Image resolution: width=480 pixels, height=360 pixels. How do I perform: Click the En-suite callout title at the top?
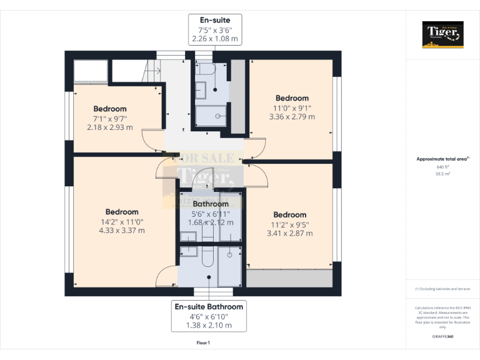point(215,20)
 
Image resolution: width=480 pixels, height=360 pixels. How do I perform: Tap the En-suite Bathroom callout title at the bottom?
point(209,306)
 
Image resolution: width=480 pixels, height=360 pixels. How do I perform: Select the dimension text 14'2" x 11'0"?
point(122,221)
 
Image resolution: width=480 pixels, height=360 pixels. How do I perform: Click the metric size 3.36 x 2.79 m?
point(292,116)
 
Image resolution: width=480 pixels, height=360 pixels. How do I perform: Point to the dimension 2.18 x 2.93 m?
point(110,127)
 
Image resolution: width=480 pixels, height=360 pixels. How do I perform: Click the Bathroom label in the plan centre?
point(211,204)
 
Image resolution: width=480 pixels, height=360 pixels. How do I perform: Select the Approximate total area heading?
point(442,159)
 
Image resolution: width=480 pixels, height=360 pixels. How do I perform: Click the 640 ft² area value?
point(442,167)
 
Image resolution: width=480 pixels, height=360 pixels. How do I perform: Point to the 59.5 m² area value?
point(442,174)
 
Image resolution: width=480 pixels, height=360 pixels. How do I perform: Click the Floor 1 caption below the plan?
point(203,343)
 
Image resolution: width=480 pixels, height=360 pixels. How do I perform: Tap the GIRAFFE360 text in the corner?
point(442,337)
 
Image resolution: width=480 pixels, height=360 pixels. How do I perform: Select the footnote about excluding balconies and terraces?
point(442,289)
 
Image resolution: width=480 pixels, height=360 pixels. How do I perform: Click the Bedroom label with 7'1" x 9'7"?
point(110,109)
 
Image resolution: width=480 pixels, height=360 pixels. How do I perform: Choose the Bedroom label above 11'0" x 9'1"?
point(292,98)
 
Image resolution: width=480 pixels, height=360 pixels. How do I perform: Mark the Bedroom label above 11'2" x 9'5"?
point(290,215)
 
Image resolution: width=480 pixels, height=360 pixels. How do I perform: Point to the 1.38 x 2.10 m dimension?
point(209,325)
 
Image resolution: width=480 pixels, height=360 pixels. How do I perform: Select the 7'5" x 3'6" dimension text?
point(215,29)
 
